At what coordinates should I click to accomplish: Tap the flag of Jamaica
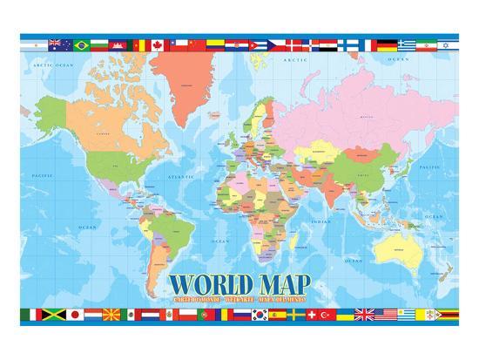coord(54,315)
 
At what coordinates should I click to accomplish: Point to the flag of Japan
coord(75,315)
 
